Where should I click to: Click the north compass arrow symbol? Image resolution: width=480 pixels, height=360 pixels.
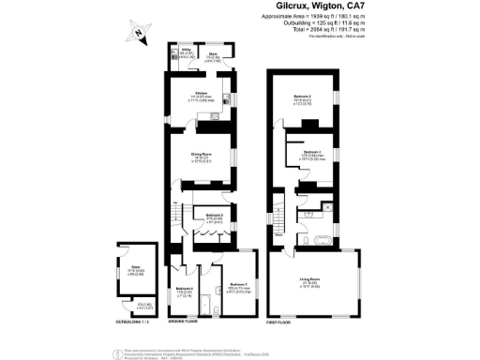(x=138, y=33)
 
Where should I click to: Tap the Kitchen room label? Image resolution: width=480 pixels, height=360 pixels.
(x=201, y=94)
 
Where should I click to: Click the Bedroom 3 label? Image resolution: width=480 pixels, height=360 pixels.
(x=312, y=152)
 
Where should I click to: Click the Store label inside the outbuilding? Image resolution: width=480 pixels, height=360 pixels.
(x=135, y=270)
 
